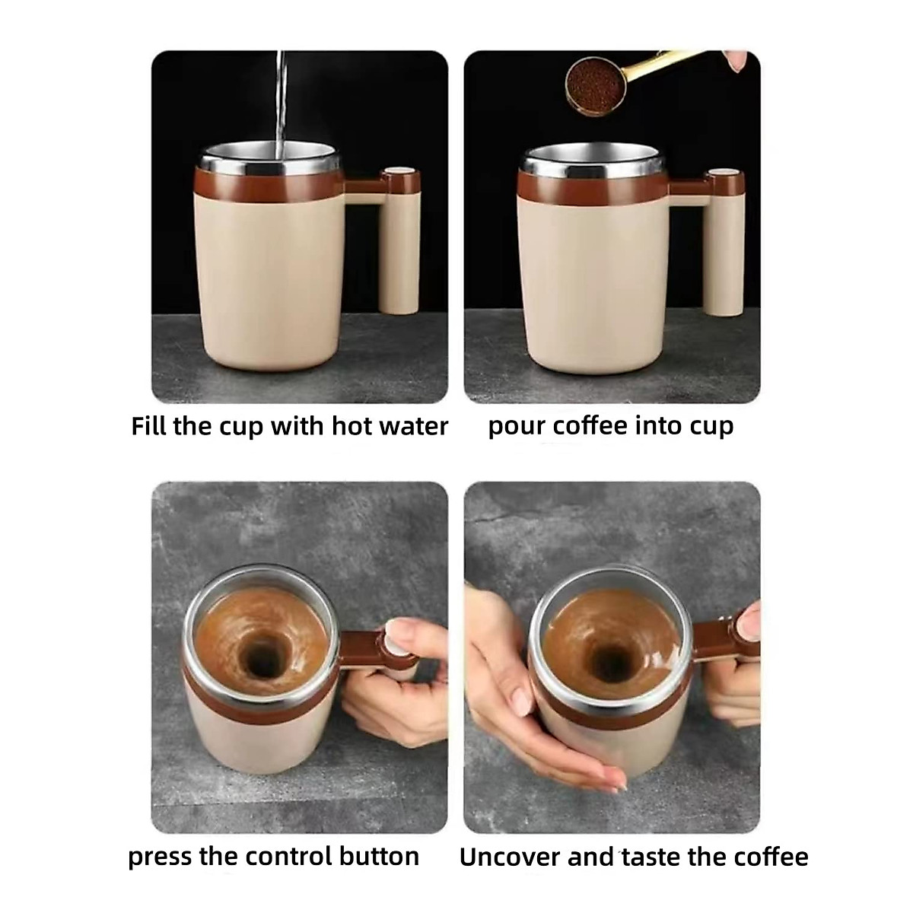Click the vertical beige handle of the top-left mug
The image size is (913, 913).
tap(399, 251)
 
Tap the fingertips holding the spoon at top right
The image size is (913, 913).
tap(737, 61)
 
